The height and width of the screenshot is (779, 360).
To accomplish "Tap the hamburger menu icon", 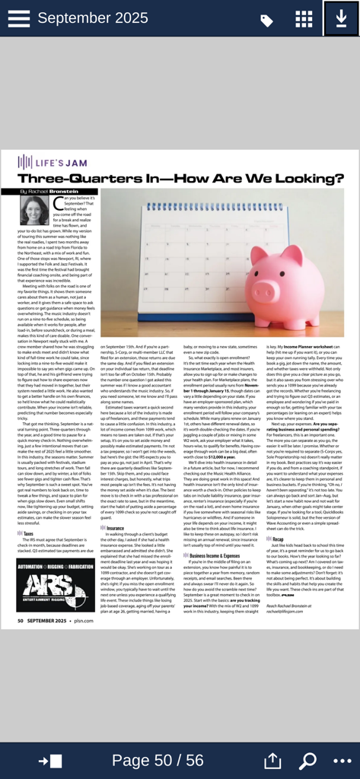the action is click(x=18, y=19).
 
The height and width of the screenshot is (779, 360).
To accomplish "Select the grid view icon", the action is click(x=304, y=19).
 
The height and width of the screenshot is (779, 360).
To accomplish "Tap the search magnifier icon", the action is click(x=308, y=760).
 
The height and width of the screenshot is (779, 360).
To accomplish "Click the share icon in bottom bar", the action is click(x=272, y=760).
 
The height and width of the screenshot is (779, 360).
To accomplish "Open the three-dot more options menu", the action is click(x=341, y=760).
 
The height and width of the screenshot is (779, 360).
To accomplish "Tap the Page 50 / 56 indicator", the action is click(x=158, y=760).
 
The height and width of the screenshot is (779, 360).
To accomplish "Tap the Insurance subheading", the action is click(x=114, y=506).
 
